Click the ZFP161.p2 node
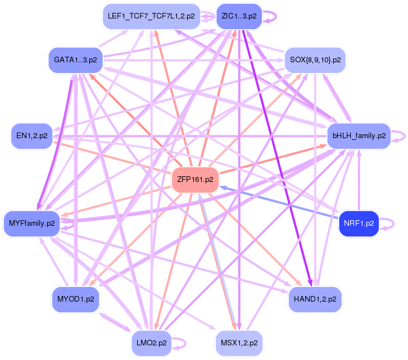(194, 180)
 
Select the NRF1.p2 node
(359, 224)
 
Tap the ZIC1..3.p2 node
(239, 16)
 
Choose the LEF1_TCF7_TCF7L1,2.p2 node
(151, 16)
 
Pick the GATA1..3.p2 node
(75, 59)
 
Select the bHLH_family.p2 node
(359, 135)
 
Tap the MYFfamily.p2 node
(32, 224)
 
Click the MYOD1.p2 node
(75, 298)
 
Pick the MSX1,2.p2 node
(239, 342)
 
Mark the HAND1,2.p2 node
(315, 298)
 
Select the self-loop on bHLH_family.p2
(399, 135)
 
